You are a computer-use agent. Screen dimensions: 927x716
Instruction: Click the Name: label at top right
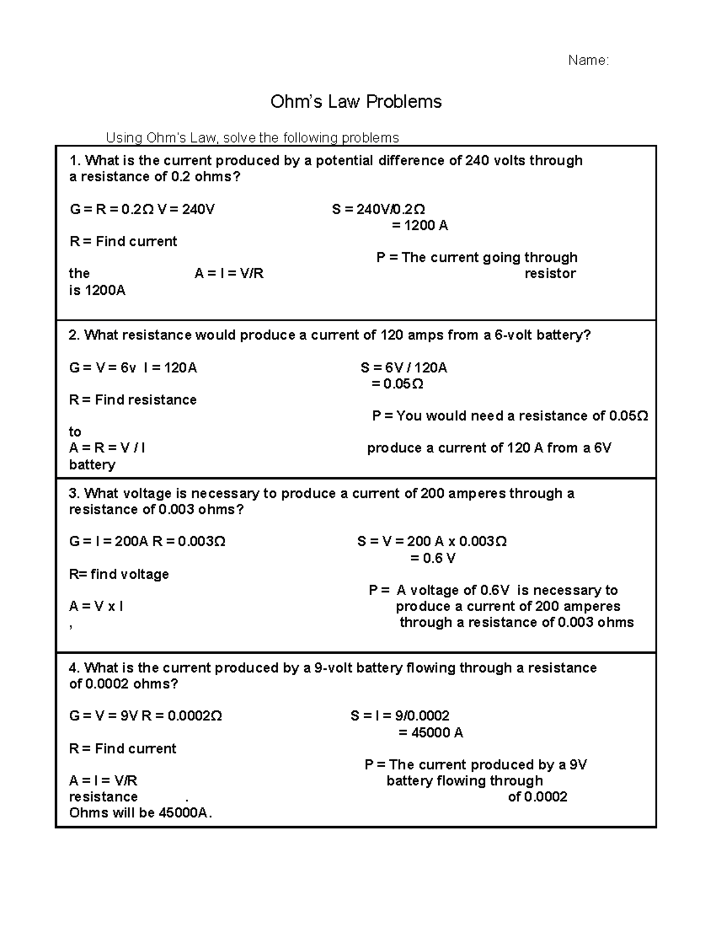tap(588, 60)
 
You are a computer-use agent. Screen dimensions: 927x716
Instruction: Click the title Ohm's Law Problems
tap(356, 102)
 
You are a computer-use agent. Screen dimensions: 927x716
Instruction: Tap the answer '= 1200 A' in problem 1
tap(419, 226)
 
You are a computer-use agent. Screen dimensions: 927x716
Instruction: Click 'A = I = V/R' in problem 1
tap(229, 274)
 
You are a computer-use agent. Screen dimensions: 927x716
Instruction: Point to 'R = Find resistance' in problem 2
tap(132, 400)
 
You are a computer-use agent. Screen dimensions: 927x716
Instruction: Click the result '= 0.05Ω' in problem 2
tap(397, 384)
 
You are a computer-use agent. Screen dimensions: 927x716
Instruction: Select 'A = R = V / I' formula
tap(107, 448)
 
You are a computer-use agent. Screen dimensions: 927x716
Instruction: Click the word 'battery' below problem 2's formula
tap(92, 465)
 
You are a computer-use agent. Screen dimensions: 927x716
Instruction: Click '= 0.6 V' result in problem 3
tap(433, 559)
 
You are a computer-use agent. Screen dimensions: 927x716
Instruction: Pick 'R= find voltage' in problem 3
tap(119, 574)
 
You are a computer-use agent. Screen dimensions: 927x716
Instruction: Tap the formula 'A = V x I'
tap(96, 606)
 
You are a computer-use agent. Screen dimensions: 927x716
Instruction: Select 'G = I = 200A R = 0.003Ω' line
tap(147, 542)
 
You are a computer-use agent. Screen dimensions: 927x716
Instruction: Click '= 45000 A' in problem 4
tap(431, 733)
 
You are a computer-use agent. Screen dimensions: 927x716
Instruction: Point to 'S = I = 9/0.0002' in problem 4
tap(400, 716)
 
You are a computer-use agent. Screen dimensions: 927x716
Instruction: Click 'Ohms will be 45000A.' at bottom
tap(141, 813)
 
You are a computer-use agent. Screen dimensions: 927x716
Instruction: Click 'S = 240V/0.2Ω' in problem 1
tap(378, 210)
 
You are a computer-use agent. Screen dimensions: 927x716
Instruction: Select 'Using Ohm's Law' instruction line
tap(252, 138)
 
